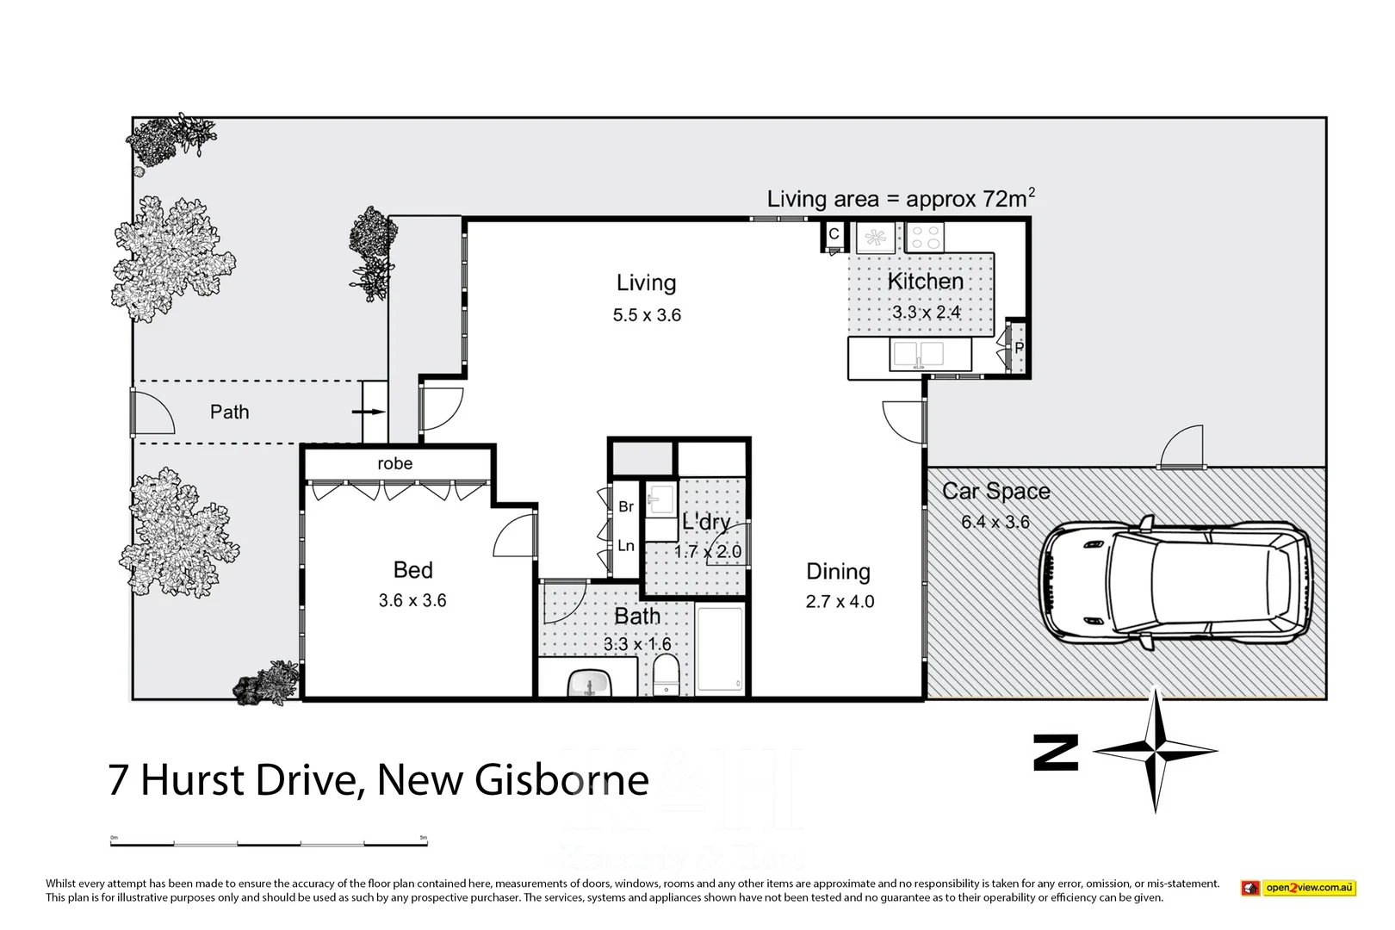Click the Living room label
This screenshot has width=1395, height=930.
click(646, 282)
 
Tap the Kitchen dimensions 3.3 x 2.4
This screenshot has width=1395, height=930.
click(926, 312)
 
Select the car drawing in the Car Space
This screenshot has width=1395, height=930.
click(1176, 584)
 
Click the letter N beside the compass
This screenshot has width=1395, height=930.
click(1056, 753)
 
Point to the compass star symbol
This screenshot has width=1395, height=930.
click(1155, 751)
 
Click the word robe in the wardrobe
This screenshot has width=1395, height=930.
click(394, 463)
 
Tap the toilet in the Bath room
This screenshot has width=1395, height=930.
click(666, 674)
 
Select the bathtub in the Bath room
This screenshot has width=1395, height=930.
click(719, 649)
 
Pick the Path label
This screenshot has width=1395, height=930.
click(229, 412)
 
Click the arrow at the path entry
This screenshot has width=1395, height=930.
click(369, 412)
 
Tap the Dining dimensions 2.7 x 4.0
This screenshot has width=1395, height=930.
click(840, 602)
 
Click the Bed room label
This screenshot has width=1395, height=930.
click(412, 570)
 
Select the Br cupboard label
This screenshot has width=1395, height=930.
click(626, 506)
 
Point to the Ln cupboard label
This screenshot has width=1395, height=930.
click(626, 545)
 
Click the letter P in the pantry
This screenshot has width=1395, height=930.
click(1019, 348)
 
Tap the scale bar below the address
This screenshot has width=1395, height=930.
click(269, 843)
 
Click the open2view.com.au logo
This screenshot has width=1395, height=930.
click(1299, 888)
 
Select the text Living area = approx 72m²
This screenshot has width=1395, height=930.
click(900, 199)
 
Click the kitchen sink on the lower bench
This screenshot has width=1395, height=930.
click(918, 354)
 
